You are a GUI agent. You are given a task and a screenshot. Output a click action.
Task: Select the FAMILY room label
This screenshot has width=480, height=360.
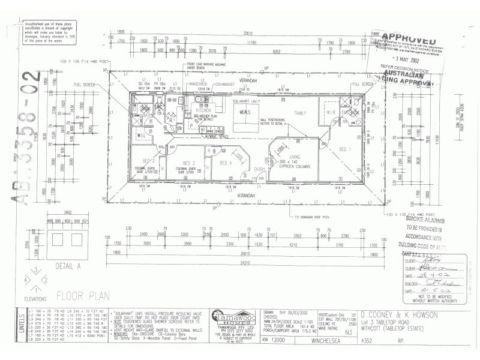(299, 113)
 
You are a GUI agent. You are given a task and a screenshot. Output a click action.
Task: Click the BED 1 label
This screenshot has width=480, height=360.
(346, 149)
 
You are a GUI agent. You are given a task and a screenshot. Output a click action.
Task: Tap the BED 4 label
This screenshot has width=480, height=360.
(225, 163)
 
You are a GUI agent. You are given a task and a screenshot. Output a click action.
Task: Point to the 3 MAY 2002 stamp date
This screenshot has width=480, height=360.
(405, 61)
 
